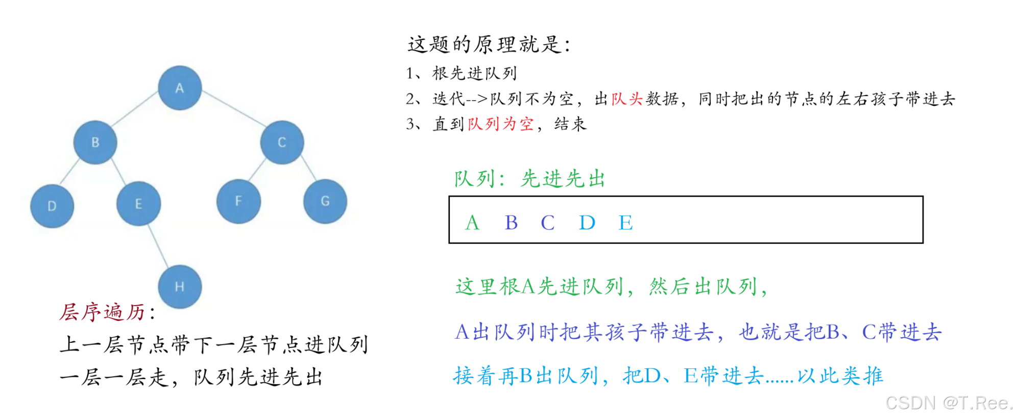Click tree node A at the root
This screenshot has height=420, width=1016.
(179, 88)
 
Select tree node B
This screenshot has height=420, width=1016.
(95, 142)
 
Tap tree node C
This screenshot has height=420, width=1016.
(282, 142)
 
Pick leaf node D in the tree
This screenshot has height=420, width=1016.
(52, 206)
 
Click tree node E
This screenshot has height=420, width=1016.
(138, 203)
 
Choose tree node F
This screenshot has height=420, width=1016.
(238, 201)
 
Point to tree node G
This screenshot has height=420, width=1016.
(325, 201)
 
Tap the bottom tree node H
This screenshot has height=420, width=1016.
(179, 287)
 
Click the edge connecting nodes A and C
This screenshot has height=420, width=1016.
(233, 108)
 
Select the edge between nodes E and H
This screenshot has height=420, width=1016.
(158, 245)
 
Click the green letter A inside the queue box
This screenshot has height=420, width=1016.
(472, 223)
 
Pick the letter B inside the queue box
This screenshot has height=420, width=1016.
(511, 223)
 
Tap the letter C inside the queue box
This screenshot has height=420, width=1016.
(547, 223)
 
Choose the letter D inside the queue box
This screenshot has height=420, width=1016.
(587, 223)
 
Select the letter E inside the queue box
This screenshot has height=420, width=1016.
(625, 223)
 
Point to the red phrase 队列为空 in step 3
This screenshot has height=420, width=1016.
(501, 124)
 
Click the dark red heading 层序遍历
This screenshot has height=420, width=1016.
(103, 312)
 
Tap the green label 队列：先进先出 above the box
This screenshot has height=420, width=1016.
(529, 179)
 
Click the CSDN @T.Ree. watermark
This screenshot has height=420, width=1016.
(949, 403)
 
